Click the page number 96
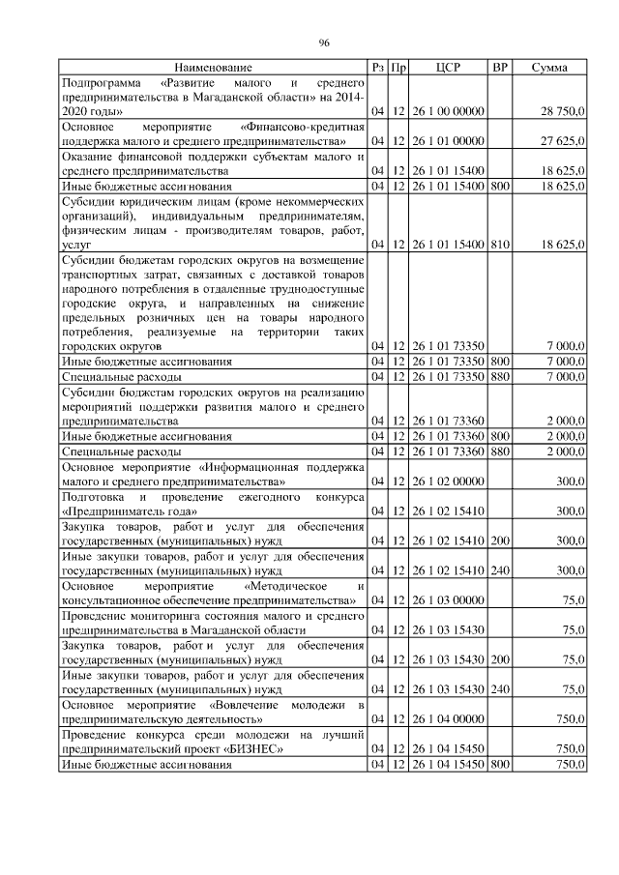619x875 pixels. (324, 42)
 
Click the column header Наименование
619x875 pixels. (213, 68)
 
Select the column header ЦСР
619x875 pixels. (448, 68)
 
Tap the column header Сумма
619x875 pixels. (549, 68)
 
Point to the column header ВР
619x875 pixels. (499, 68)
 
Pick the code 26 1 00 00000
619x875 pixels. (448, 111)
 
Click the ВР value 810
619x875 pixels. (499, 246)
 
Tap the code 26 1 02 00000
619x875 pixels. (448, 481)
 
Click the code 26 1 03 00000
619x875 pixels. (448, 600)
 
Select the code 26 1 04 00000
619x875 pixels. (448, 719)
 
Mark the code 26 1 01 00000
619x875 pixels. (448, 141)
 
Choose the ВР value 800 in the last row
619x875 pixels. (499, 765)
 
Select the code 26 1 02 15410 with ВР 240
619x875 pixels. (448, 570)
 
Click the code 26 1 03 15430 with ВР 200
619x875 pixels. (448, 659)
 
